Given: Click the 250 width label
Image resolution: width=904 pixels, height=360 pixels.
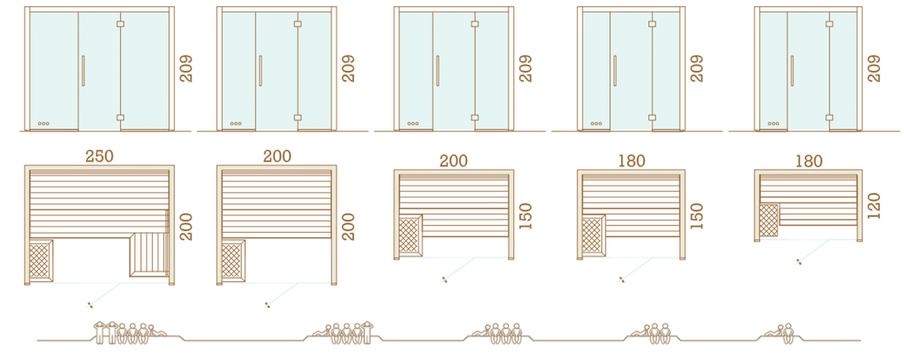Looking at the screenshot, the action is tap(99, 156).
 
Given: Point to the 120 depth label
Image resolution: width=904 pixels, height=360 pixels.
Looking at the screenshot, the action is tap(874, 206).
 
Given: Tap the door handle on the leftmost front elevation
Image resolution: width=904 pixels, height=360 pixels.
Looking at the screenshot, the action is tap(83, 71).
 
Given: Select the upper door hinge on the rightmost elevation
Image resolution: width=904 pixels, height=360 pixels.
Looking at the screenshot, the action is tap(829, 24).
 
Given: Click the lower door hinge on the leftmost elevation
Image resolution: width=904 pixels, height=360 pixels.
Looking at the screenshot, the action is tap(121, 117).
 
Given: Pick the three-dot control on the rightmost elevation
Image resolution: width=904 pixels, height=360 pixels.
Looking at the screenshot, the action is tap(773, 124).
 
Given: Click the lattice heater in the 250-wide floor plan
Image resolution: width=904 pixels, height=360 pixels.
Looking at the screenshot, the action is tap(39, 261).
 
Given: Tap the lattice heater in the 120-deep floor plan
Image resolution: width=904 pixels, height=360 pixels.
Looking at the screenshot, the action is tap(769, 220).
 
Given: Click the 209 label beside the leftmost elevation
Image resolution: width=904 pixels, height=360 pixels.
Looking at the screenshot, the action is tap(186, 69).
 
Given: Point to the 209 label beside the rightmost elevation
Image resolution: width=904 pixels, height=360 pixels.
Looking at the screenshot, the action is tap(873, 69).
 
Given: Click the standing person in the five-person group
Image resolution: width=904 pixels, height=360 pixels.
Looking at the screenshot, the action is tap(367, 332).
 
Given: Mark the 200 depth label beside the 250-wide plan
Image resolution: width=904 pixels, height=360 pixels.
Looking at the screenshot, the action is tap(186, 227).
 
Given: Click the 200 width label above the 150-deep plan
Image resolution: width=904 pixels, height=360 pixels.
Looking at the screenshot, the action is tap(454, 161).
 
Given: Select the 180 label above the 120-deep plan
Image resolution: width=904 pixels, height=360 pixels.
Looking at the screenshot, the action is tap(809, 161).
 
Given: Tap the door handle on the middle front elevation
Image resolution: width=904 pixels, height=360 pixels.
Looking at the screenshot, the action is tap(438, 71).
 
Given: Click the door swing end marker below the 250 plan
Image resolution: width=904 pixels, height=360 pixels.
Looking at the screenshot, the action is tap(90, 305).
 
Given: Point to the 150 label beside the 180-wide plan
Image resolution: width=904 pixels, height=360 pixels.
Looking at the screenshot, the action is tap(697, 216).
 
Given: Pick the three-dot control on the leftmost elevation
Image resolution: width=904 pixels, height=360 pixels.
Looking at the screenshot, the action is tap(44, 124).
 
